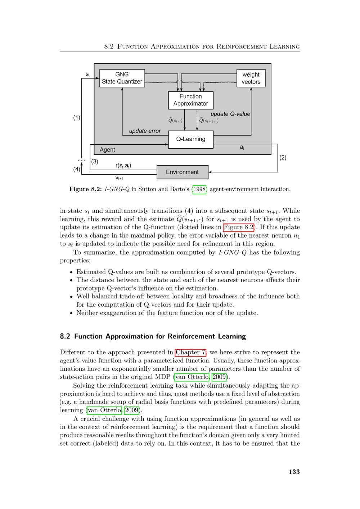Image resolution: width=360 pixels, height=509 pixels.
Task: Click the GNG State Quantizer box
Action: pyautogui.click(x=122, y=78)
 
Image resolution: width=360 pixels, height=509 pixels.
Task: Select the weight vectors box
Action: pyautogui.click(x=251, y=78)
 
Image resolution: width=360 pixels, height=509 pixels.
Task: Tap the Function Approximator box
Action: pyautogui.click(x=190, y=100)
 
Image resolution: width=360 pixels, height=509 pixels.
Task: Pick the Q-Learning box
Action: pyautogui.click(x=190, y=139)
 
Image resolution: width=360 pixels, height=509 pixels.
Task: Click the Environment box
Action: pyautogui.click(x=182, y=172)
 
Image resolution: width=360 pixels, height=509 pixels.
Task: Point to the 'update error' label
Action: pyautogui.click(x=145, y=131)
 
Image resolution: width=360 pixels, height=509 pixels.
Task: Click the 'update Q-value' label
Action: pyautogui.click(x=230, y=114)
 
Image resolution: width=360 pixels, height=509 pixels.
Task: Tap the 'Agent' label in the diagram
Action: pyautogui.click(x=107, y=150)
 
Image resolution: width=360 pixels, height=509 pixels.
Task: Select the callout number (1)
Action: pyautogui.click(x=77, y=117)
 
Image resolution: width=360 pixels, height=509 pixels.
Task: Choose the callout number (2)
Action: pyautogui.click(x=283, y=157)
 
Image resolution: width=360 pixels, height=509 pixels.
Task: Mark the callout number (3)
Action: pyautogui.click(x=95, y=162)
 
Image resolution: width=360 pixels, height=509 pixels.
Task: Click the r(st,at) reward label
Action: pyautogui.click(x=123, y=166)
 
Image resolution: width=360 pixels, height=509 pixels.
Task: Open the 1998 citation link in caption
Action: pyautogui.click(x=199, y=189)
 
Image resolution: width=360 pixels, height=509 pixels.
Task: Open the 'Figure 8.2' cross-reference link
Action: pyautogui.click(x=239, y=227)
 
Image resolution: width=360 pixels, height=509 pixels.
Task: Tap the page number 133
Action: pyautogui.click(x=294, y=472)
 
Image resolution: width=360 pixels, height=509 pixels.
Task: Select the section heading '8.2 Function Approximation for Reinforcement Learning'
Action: pyautogui.click(x=153, y=337)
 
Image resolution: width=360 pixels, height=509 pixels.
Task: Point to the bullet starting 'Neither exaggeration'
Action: pyautogui.click(x=167, y=313)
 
